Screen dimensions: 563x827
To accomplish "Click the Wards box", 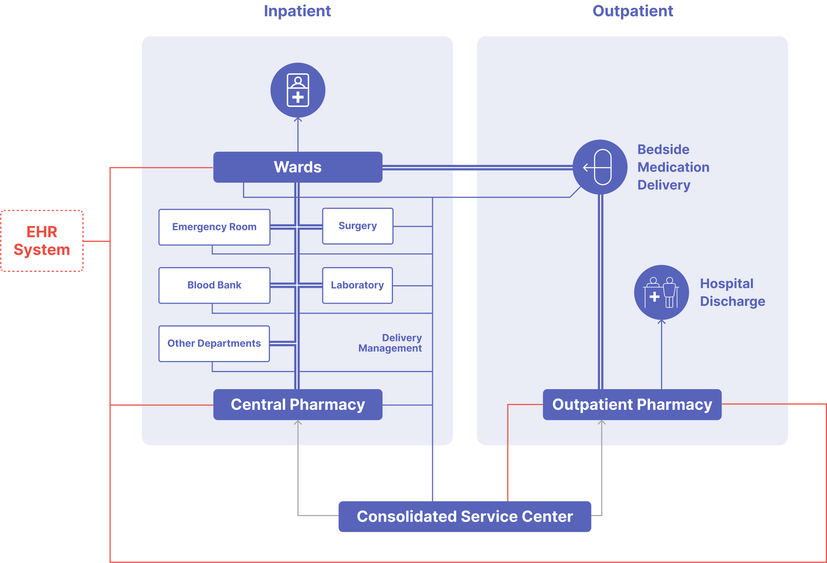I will (298, 167).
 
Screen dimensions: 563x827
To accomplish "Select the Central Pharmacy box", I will (298, 404).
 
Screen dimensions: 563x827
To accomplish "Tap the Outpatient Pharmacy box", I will (632, 404).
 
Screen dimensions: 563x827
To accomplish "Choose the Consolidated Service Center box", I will (465, 516).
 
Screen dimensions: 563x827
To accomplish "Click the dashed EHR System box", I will (42, 241).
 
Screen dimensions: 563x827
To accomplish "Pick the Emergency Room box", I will (214, 227).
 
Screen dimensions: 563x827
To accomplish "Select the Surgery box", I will (357, 226).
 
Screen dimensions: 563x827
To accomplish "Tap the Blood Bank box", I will (214, 285).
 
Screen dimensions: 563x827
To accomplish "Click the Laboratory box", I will (357, 285).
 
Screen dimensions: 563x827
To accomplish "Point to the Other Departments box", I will (214, 343).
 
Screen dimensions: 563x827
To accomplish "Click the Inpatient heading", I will (297, 11).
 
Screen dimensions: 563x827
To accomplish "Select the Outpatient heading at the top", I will (633, 11).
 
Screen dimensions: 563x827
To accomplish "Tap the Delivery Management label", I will (390, 343).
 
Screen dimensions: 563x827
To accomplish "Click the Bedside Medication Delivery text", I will (673, 167).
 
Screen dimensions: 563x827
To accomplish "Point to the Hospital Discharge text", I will (732, 292).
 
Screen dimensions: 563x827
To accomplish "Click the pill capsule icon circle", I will (600, 167).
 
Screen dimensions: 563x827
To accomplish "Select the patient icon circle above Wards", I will (298, 90).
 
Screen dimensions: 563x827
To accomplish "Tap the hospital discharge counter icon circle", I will (661, 292).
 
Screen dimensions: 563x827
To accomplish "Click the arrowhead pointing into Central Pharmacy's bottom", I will (298, 422).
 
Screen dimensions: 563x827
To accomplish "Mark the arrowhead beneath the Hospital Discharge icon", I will (661, 322).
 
